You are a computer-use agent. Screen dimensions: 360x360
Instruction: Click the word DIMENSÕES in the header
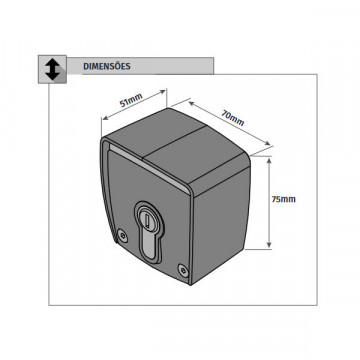[107, 66]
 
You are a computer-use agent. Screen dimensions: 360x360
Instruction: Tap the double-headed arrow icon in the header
[52, 69]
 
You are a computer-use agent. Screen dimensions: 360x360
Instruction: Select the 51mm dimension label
[131, 99]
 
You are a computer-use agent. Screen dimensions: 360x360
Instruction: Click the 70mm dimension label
[233, 117]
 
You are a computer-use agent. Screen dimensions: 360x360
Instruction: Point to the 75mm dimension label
[283, 199]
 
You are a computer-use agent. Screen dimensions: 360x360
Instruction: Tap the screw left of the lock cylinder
[123, 235]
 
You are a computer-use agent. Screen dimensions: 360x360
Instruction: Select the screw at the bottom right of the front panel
[182, 270]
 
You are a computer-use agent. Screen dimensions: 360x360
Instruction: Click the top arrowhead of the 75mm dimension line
[269, 161]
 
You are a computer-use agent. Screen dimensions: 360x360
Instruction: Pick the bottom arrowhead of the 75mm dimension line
[269, 245]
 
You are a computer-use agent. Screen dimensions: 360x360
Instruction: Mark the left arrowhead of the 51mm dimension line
[104, 118]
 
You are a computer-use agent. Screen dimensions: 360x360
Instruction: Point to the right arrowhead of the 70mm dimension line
[267, 143]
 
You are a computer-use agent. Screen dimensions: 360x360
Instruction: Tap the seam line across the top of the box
[174, 143]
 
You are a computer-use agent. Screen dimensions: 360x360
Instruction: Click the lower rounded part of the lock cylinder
[149, 247]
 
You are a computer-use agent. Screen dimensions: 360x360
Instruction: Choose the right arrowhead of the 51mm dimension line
[163, 92]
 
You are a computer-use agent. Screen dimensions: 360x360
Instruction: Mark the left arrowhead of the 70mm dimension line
[192, 103]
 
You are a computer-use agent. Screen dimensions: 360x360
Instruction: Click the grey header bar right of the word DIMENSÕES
[173, 66]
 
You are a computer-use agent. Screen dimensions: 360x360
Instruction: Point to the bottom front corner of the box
[191, 284]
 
